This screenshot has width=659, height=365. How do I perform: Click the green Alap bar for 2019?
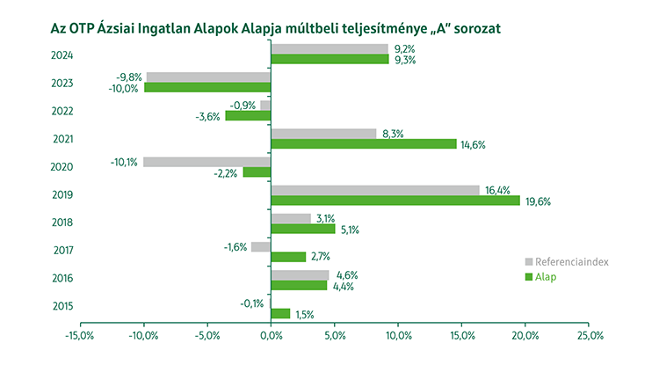click(x=395, y=201)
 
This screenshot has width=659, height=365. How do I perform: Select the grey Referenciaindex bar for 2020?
click(x=206, y=162)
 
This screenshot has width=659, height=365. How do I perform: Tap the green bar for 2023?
click(x=207, y=87)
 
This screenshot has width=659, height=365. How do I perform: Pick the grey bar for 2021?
click(x=323, y=134)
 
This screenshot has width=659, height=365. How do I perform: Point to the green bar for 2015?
click(x=280, y=313)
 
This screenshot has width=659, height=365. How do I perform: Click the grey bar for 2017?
click(x=261, y=246)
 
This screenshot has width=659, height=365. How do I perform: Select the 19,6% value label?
click(x=537, y=201)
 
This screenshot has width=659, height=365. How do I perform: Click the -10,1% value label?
click(x=124, y=162)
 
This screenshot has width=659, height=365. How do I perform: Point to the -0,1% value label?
click(x=252, y=303)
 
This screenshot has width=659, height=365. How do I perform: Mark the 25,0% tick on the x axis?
click(x=590, y=335)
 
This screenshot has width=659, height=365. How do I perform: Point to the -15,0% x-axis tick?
click(x=79, y=335)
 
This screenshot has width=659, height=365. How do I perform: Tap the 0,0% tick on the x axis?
click(x=272, y=335)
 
